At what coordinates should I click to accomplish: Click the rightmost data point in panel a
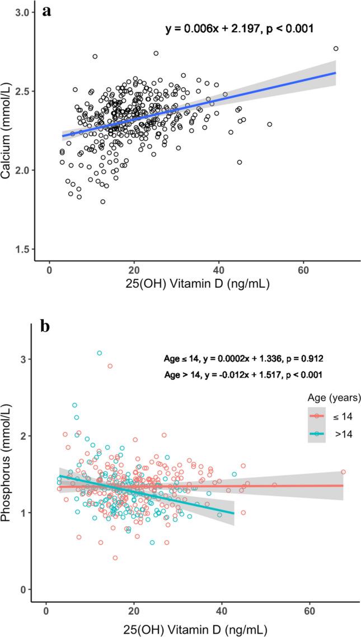click(x=336, y=49)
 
